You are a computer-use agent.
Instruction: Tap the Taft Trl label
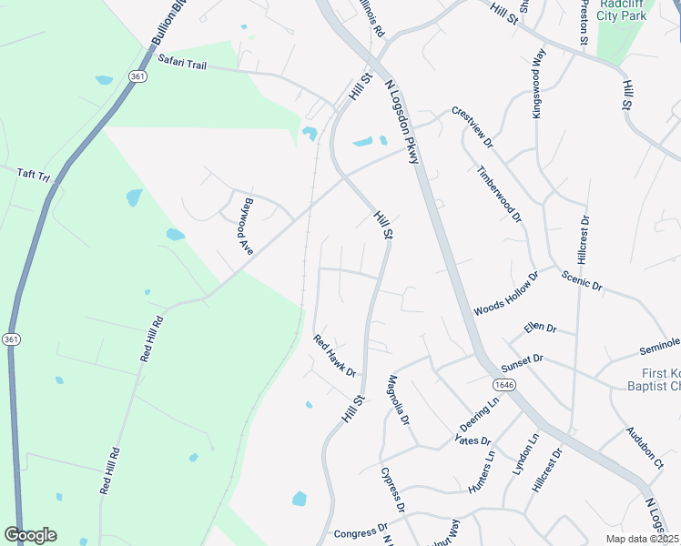[34, 174]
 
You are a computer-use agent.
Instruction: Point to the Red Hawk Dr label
[334, 355]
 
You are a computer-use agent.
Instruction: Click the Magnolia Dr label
[399, 399]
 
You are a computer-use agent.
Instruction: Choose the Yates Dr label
[466, 440]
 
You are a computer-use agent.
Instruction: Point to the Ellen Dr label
[540, 328]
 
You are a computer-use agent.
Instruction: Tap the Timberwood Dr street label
[500, 194]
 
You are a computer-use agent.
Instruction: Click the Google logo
[31, 535]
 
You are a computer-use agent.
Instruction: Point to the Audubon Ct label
[645, 449]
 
